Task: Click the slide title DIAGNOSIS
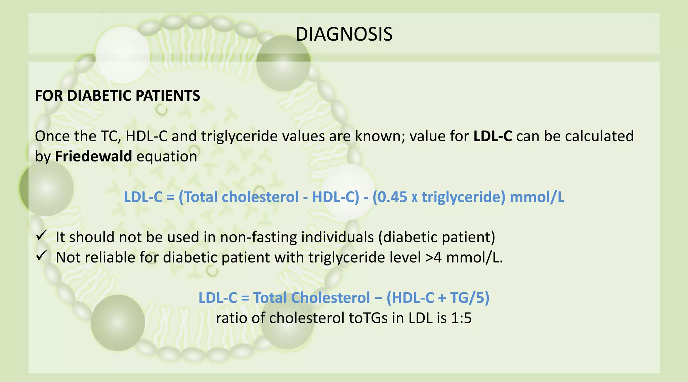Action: [x=344, y=34]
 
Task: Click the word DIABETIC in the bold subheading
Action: [x=100, y=96]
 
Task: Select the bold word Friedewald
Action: [x=93, y=156]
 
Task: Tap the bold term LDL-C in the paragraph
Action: [x=493, y=136]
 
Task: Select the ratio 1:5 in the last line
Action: [x=461, y=318]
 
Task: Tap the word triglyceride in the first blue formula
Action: [x=463, y=197]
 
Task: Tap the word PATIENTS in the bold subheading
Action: [x=168, y=96]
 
